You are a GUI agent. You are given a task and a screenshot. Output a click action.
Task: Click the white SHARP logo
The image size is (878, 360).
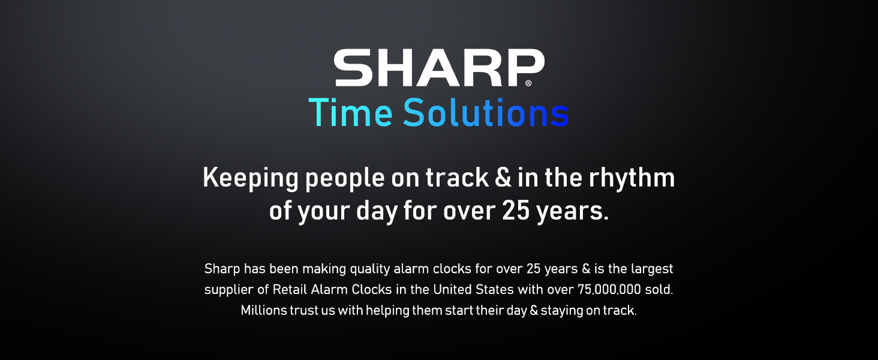click(439, 67)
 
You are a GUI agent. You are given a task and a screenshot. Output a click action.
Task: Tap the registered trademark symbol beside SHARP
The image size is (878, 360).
click(528, 83)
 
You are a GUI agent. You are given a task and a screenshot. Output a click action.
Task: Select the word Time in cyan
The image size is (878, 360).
click(351, 113)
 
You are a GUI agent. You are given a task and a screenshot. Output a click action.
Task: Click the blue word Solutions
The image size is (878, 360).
click(486, 113)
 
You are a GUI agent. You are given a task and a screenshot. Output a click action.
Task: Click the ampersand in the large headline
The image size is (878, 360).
click(501, 179)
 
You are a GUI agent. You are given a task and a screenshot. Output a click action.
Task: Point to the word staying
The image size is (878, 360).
click(564, 311)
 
